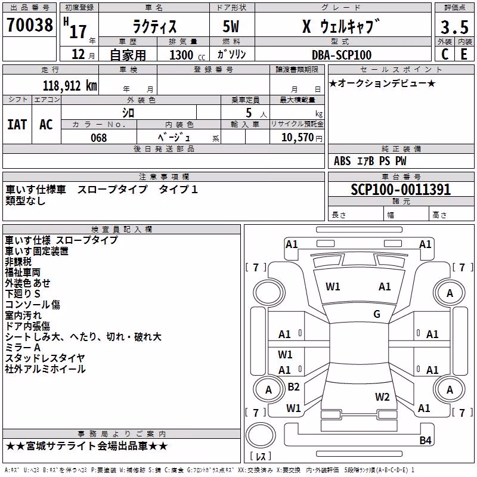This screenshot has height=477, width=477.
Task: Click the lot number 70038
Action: coord(30,25)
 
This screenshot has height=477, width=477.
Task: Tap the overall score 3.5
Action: coord(454,27)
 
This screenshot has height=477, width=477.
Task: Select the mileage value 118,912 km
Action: coord(70,86)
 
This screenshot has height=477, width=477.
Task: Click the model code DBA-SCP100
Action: coord(342,55)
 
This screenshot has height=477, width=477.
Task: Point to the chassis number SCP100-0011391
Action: coord(401,190)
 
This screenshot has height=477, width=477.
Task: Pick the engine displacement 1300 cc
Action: coord(187,55)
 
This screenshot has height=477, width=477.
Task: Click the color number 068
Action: coord(99,138)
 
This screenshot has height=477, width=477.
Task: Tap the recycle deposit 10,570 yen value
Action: coord(302,138)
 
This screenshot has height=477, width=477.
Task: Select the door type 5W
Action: coord(231,26)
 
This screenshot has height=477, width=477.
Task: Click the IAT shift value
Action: coord(17,125)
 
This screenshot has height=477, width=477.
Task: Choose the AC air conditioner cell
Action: coord(47,125)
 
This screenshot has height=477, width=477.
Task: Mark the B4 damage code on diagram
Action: coord(425,440)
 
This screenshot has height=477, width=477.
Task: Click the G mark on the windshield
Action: coord(377,314)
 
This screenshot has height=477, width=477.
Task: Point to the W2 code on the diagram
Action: coord(382,397)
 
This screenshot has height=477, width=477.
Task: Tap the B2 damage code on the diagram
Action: coord(293,387)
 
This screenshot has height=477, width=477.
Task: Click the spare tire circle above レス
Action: coord(261,435)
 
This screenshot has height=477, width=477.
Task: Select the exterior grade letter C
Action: coord(445,54)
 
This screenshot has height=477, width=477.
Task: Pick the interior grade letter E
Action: coord(464,54)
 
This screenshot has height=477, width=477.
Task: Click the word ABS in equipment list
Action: coord(342,161)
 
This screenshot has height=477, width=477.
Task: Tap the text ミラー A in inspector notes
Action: coord(23,348)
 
